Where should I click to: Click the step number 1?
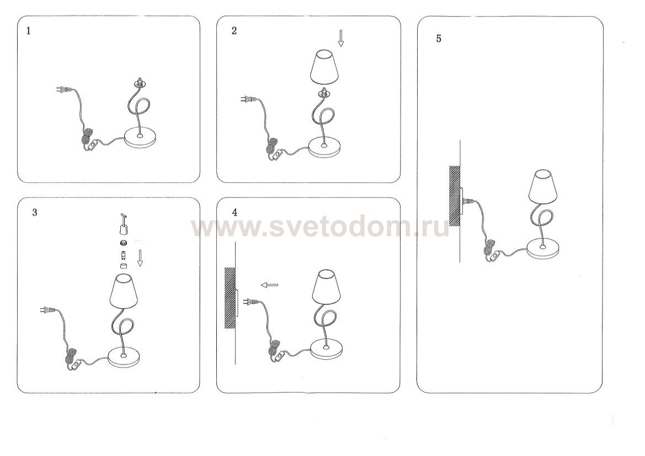28,31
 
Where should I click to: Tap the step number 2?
234,31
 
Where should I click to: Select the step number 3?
35,213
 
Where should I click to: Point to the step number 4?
234,213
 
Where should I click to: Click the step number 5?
439,39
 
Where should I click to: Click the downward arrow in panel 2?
341,38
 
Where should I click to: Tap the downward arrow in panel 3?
140,258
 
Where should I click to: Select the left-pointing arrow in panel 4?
269,284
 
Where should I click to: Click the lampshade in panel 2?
323,67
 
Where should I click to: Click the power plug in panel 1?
62,89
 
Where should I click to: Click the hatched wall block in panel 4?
230,298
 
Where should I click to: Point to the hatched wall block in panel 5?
455,196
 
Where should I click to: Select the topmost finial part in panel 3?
122,222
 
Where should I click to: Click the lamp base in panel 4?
326,349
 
